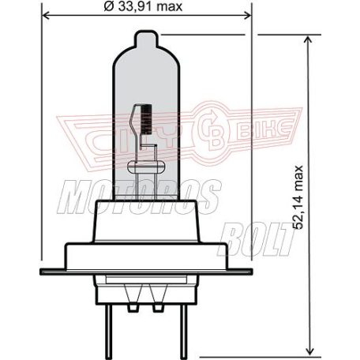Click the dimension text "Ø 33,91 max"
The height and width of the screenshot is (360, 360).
click(x=143, y=8)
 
